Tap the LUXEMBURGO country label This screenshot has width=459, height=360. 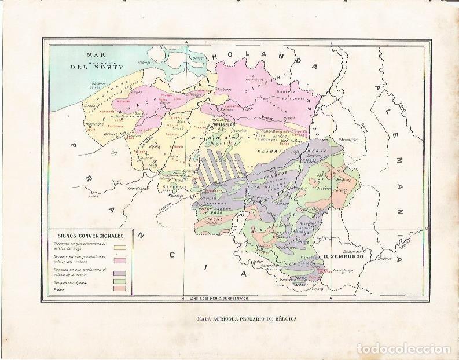pyautogui.click(x=343, y=256)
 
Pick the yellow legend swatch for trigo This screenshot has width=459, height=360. pyautogui.click(x=120, y=247)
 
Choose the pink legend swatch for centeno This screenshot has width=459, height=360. pyautogui.click(x=120, y=260)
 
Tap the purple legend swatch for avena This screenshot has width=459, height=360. pyautogui.click(x=120, y=273)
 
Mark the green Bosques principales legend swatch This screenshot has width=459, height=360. pyautogui.click(x=120, y=281)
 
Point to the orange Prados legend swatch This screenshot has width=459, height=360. pyautogui.click(x=120, y=289)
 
